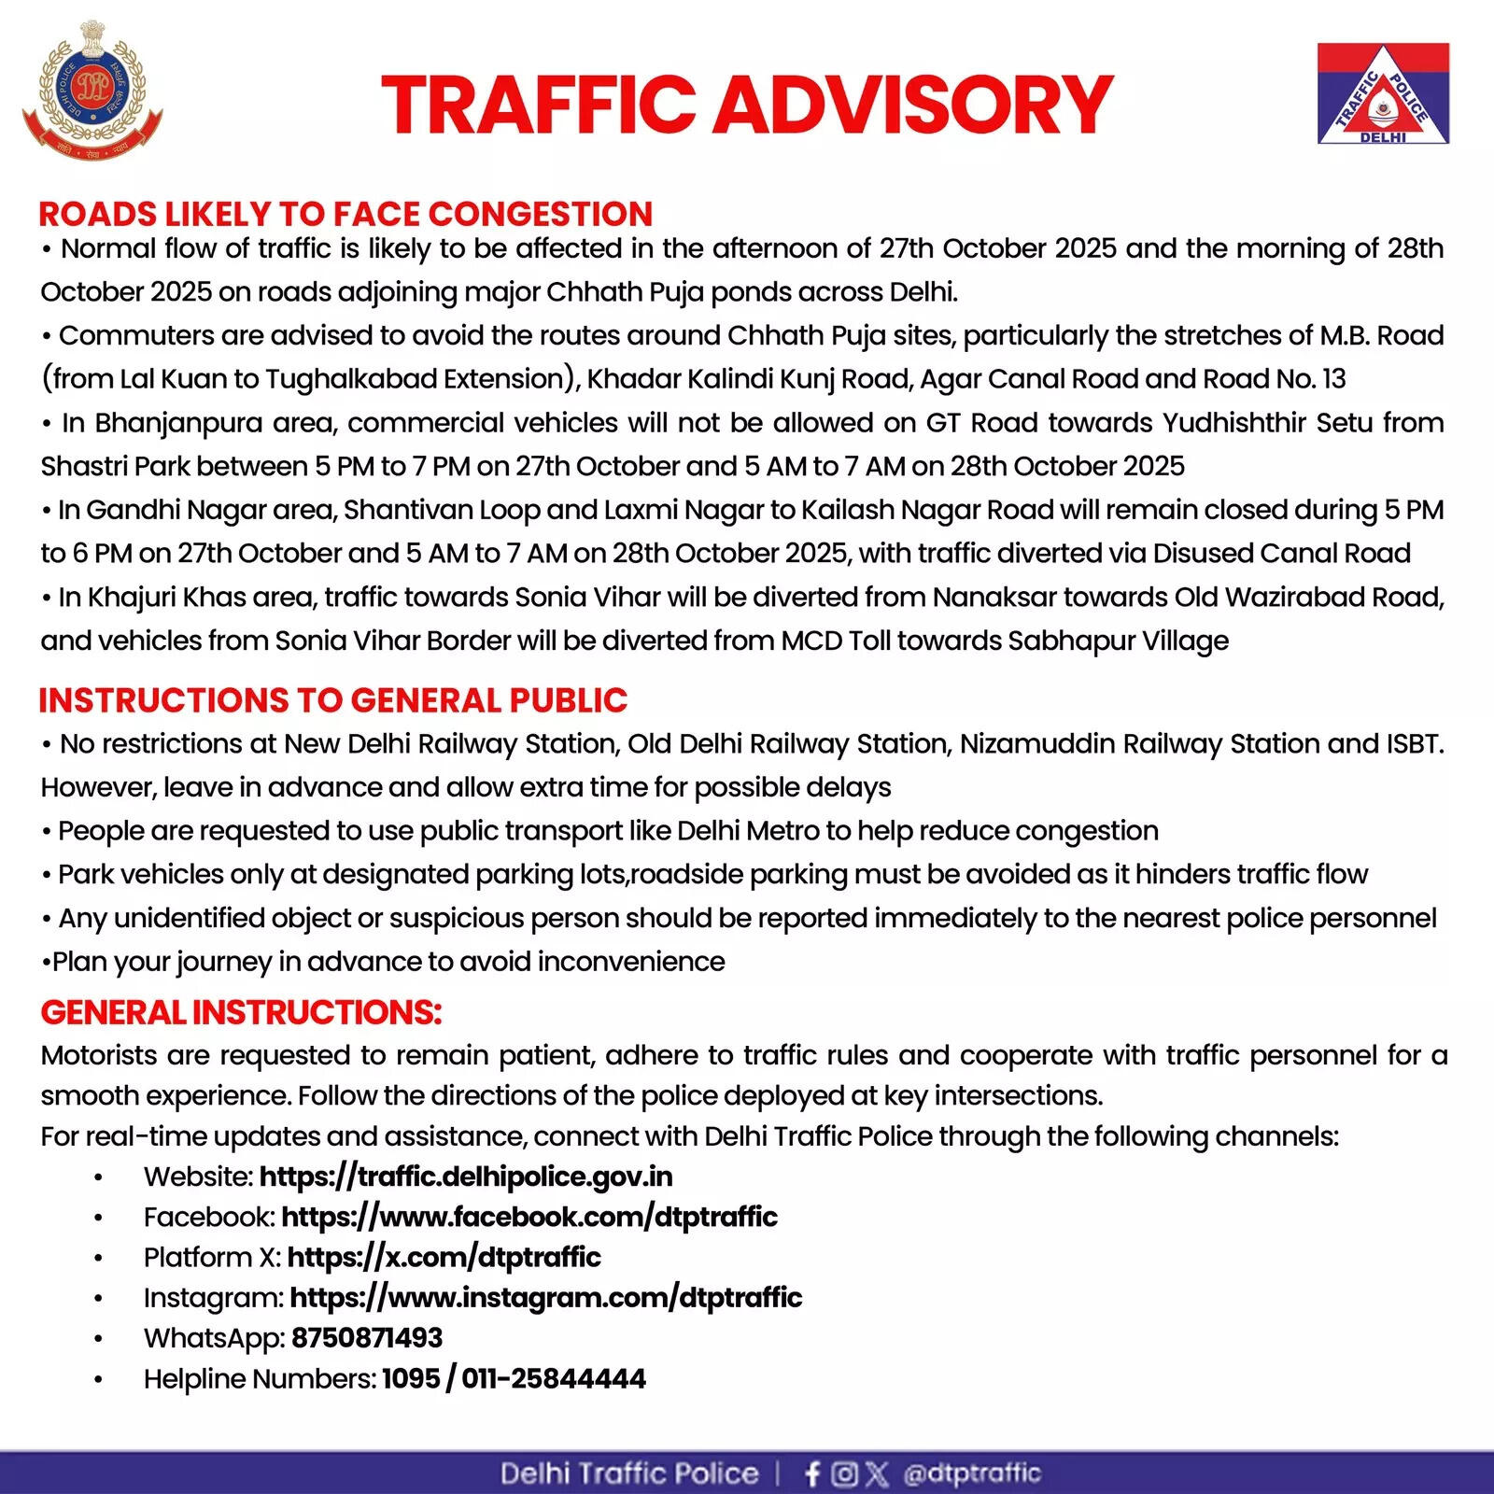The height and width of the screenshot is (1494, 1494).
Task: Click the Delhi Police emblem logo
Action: [x=92, y=91]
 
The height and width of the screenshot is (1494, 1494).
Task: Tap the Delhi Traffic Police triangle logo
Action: [x=1383, y=93]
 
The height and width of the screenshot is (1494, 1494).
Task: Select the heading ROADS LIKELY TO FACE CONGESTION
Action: [x=345, y=214]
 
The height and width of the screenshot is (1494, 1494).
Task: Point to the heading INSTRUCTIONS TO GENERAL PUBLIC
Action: [x=333, y=700]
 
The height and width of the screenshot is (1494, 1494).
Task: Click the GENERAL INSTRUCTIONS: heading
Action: [x=241, y=1012]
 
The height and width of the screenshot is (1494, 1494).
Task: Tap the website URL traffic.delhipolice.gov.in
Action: [x=466, y=1177]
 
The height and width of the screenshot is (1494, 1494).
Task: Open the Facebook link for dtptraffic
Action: [x=529, y=1217]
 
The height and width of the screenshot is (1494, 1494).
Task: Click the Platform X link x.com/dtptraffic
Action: [x=444, y=1257]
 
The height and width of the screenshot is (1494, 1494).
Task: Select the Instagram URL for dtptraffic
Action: [x=545, y=1297]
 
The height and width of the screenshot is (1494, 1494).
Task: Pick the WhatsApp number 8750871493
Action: [x=367, y=1338]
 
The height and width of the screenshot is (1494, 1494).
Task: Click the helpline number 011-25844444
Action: [x=554, y=1378]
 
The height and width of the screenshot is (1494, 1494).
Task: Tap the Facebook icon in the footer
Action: [x=812, y=1473]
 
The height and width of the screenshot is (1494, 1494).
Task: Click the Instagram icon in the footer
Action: [x=844, y=1473]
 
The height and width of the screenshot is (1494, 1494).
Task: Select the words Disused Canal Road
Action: [x=1281, y=553]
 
